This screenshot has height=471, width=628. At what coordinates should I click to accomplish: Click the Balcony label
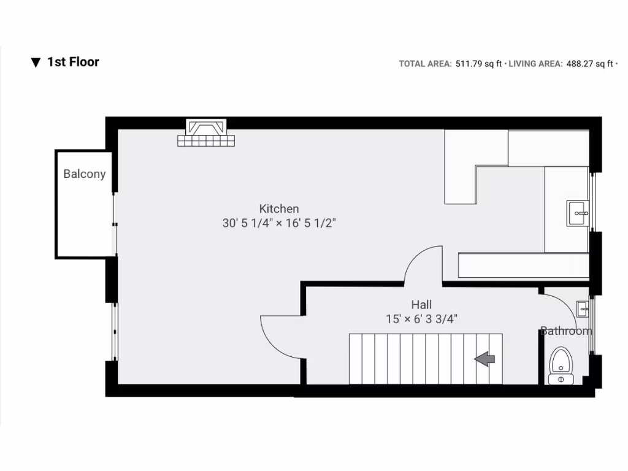(x=85, y=174)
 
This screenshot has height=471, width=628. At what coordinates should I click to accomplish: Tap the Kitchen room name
(x=279, y=209)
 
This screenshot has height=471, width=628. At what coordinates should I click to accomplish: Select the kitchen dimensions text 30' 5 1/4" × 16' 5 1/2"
(x=279, y=223)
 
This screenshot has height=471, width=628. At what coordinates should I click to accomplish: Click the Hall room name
(x=421, y=304)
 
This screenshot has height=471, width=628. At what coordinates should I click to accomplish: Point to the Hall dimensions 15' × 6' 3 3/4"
(x=421, y=319)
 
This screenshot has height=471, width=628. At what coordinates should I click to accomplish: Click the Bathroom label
(x=566, y=331)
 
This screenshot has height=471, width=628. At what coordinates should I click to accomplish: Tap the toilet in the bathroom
(x=560, y=364)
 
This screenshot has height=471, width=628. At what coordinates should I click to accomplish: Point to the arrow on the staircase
(x=486, y=359)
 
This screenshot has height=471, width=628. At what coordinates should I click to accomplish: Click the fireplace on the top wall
(x=206, y=132)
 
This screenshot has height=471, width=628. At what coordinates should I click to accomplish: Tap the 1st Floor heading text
(x=74, y=62)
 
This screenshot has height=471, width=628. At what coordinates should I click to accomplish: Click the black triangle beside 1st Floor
(x=36, y=63)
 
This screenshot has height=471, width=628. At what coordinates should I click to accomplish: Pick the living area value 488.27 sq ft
(x=588, y=63)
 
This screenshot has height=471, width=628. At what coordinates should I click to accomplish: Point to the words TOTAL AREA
(x=425, y=63)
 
